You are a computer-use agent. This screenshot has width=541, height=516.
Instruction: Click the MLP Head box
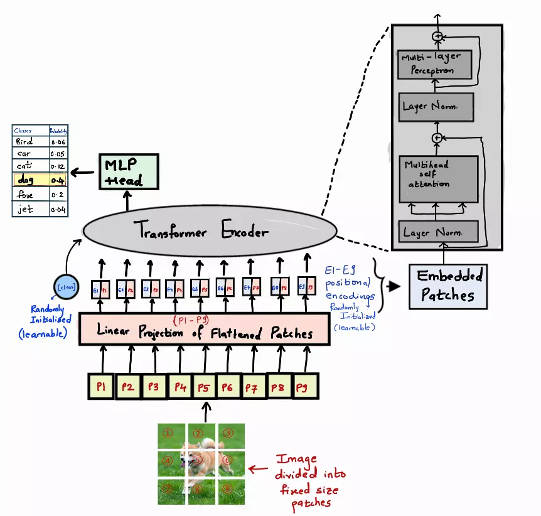(128, 172)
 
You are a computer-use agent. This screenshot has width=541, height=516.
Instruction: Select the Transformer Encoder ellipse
(204, 232)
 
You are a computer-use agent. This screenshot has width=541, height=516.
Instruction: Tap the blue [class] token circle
(67, 287)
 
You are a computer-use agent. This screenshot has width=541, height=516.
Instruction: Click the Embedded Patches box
(447, 286)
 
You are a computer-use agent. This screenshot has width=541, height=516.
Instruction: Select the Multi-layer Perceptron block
(434, 63)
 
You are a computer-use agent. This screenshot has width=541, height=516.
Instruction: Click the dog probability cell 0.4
(58, 181)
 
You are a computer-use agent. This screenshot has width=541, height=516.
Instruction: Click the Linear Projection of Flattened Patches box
(204, 330)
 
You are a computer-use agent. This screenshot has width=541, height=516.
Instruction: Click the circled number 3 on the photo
(228, 433)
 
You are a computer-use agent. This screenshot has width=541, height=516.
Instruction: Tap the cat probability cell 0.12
(58, 167)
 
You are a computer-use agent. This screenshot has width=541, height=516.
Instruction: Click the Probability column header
(58, 131)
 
